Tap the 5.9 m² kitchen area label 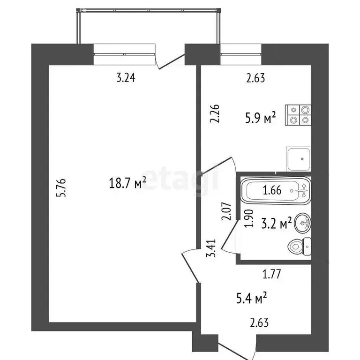point(260,118)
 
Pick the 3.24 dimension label point(126,78)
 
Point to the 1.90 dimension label point(249,219)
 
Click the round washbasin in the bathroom point(303,224)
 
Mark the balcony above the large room point(147,26)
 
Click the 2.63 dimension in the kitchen point(256,78)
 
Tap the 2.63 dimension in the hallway point(259,322)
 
